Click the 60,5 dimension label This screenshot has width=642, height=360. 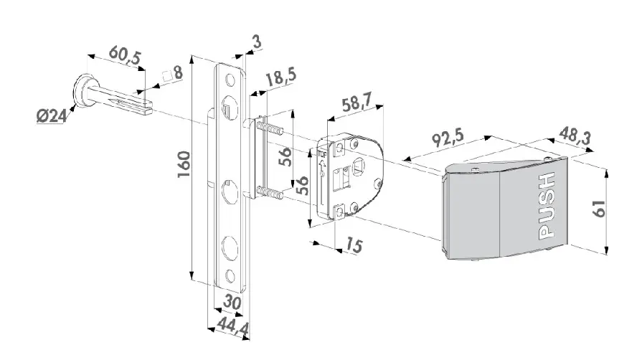click(x=125, y=57)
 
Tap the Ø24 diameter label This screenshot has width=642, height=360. click(x=51, y=116)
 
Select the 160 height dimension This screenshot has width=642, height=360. click(x=184, y=164)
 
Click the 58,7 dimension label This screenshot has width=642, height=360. click(x=357, y=102)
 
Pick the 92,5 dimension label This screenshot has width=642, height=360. click(x=448, y=138)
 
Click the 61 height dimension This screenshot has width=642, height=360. click(x=598, y=209)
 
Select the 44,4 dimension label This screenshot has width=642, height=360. click(x=232, y=326)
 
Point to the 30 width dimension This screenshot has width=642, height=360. click(x=231, y=303)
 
